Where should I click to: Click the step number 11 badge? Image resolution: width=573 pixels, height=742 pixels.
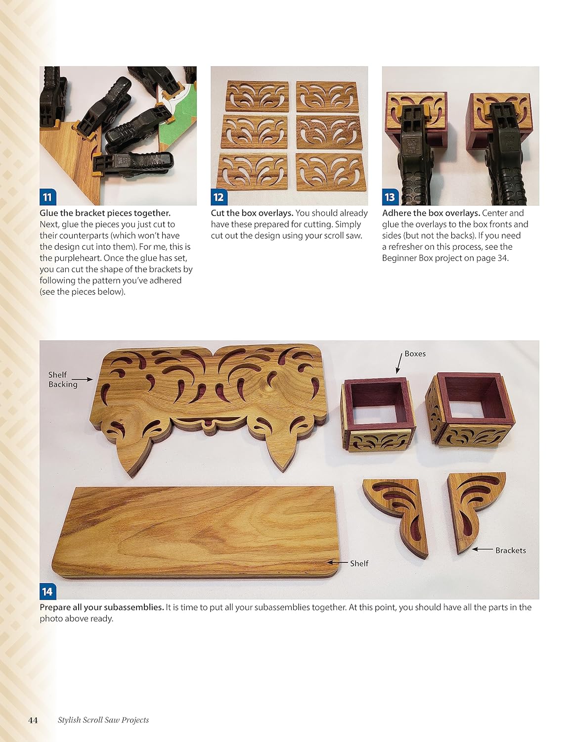(x=47, y=197)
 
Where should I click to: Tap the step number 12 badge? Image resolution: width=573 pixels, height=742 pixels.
(x=219, y=197)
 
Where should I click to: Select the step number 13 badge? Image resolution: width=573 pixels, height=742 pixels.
(x=390, y=197)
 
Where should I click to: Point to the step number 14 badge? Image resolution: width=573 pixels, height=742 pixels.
(x=47, y=591)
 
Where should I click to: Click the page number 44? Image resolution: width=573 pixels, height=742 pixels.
(x=33, y=720)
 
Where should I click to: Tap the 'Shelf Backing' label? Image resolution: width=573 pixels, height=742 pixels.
(x=63, y=379)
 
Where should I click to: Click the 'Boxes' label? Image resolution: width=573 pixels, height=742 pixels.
(x=415, y=354)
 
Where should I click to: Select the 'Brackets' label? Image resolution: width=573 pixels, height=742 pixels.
(x=510, y=550)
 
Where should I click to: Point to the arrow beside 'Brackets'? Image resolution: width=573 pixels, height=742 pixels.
(x=483, y=550)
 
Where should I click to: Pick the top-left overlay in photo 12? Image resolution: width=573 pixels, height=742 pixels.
(x=257, y=95)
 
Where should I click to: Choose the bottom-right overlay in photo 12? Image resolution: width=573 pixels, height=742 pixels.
(x=328, y=171)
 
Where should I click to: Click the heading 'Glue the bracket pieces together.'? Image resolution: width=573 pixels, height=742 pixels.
(x=105, y=213)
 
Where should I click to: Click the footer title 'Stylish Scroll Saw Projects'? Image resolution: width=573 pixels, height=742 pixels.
(x=103, y=720)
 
